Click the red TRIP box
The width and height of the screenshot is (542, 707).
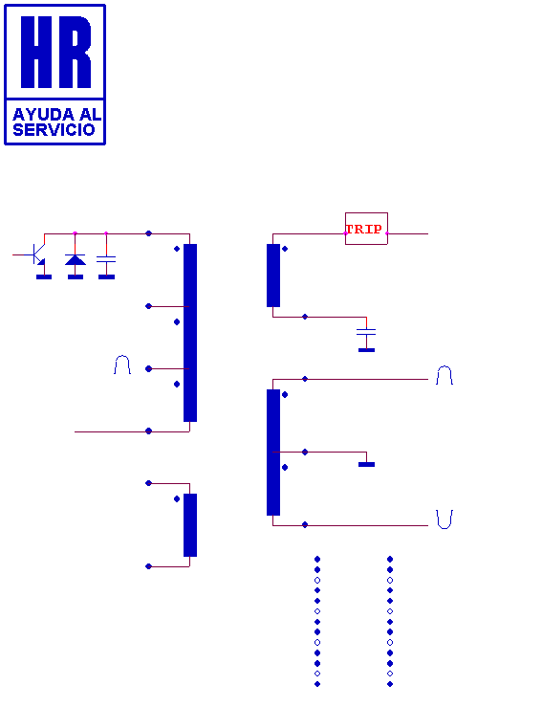366,229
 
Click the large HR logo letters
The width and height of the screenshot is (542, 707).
55,52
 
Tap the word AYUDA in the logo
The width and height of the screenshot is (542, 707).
43,115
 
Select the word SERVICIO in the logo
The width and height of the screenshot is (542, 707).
54,130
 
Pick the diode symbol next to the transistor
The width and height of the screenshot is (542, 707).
76,259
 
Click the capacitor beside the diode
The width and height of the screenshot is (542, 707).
106,259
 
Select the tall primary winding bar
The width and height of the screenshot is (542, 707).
190,333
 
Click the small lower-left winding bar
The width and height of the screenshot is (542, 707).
190,525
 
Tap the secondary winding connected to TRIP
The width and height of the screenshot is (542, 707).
273,276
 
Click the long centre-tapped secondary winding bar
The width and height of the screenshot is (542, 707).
273,453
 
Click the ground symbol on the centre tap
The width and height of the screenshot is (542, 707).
367,464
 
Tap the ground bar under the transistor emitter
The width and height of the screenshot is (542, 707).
44,276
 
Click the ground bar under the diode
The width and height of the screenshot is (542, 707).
76,276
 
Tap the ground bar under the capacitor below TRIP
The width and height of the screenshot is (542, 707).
367,350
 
